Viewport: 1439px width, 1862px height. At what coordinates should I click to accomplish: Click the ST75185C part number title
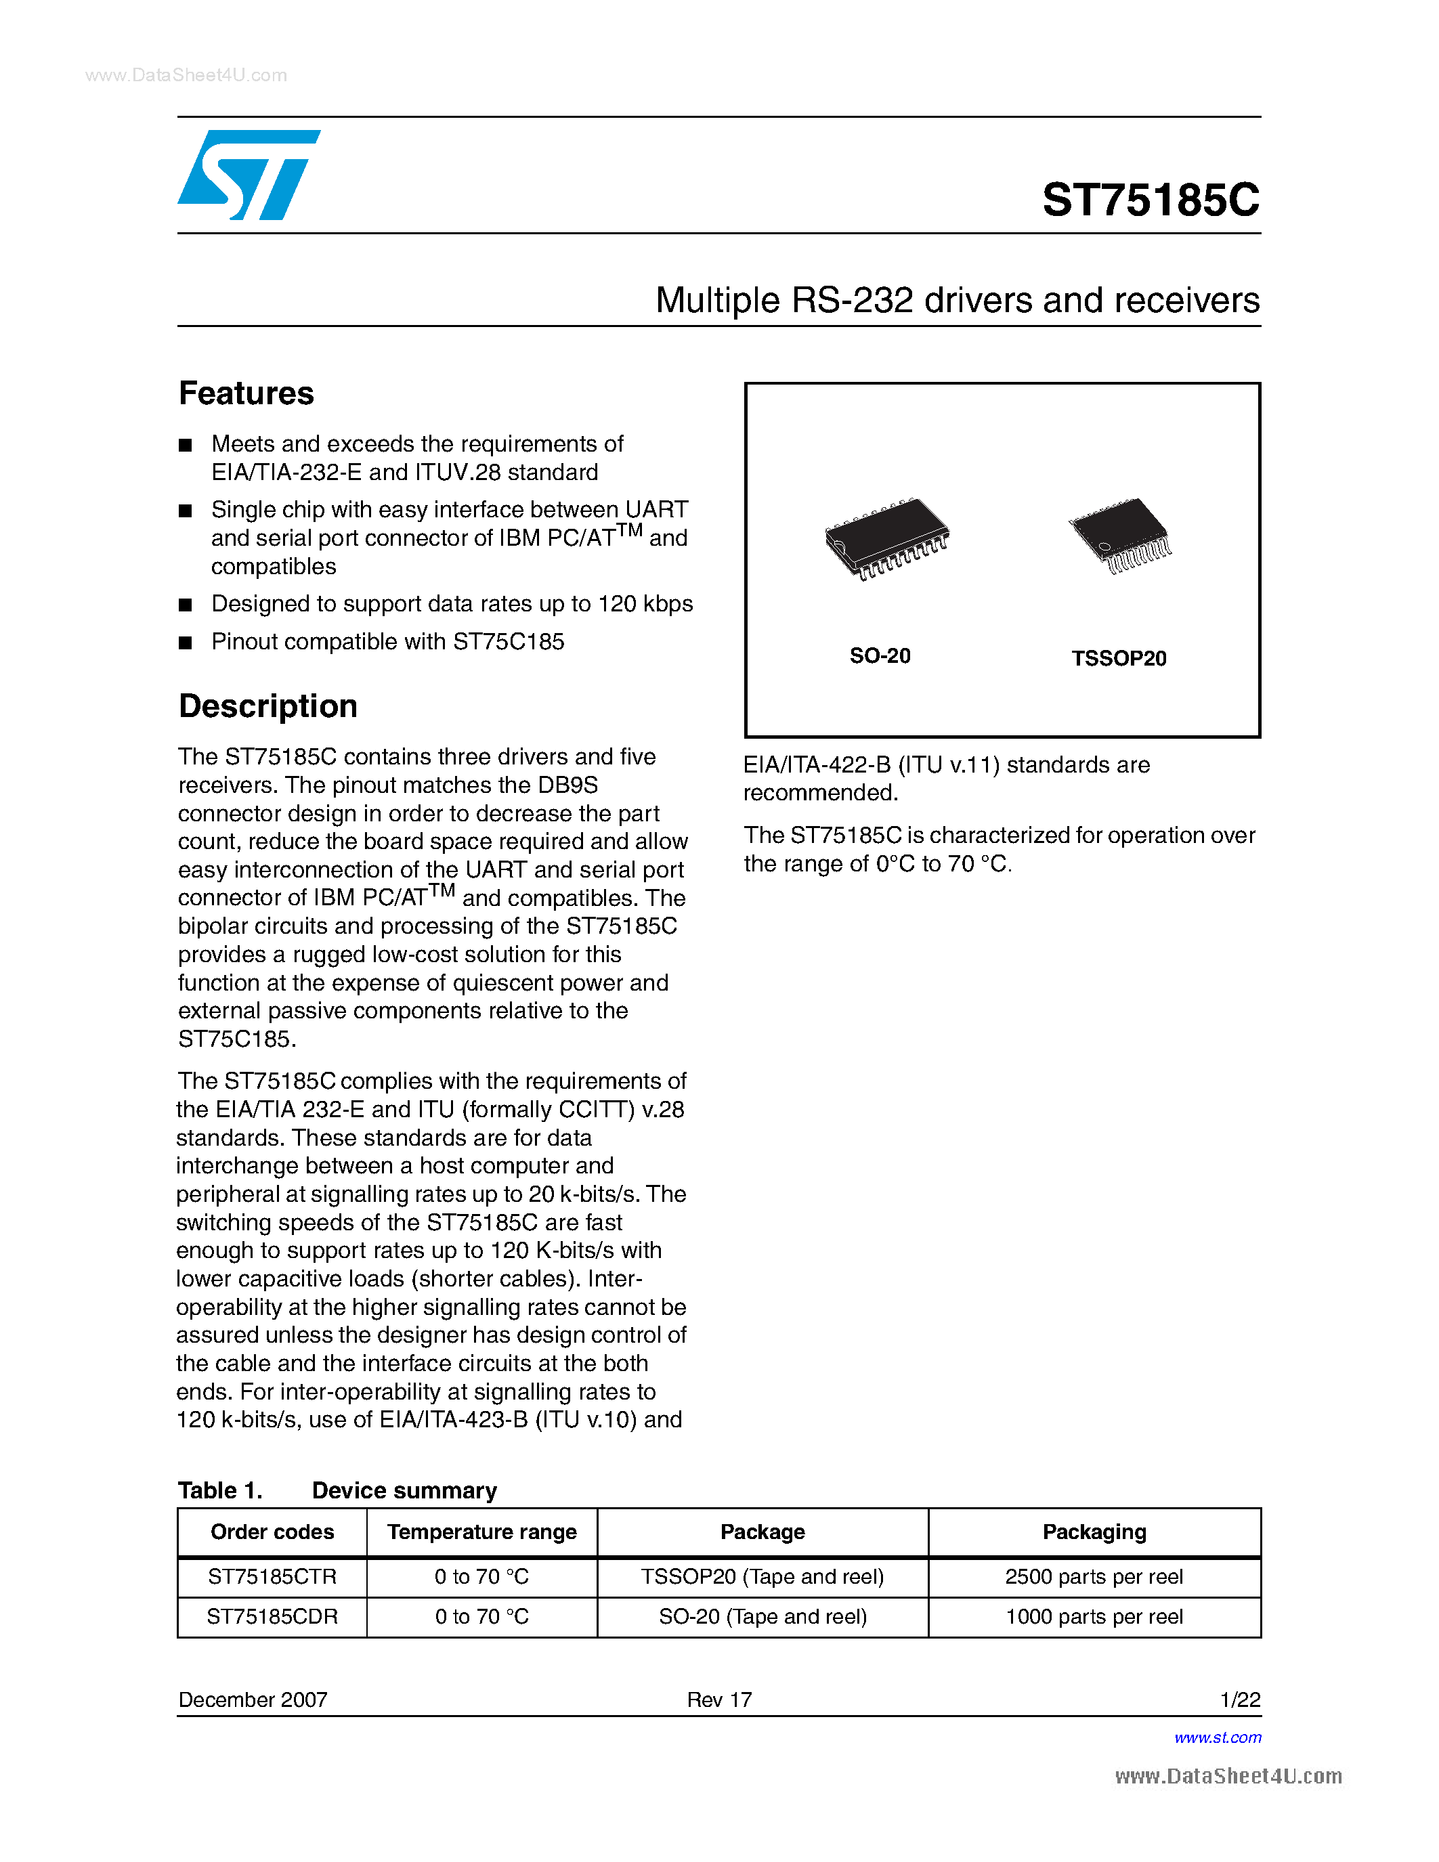click(1150, 200)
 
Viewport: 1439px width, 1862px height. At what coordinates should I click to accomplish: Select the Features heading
click(246, 393)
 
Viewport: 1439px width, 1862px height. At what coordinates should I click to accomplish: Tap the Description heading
click(267, 706)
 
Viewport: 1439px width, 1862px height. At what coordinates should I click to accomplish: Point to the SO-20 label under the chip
click(880, 655)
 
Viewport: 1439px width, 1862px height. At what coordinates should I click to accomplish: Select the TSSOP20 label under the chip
click(1119, 658)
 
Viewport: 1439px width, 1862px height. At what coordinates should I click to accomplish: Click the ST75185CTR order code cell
click(272, 1576)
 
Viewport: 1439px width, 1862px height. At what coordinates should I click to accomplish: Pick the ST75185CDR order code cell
click(272, 1616)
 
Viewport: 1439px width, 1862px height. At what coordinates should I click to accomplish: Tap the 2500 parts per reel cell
click(1094, 1576)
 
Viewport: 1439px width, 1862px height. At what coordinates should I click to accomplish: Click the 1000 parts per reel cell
click(1094, 1616)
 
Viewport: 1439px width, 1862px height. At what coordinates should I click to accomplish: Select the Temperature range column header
click(481, 1532)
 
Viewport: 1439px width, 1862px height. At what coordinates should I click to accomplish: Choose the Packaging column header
click(1094, 1532)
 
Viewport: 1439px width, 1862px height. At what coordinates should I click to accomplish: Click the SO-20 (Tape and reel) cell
click(762, 1616)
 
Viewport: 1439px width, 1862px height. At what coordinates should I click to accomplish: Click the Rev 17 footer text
click(719, 1699)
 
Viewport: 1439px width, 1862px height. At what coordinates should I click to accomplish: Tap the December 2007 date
click(253, 1699)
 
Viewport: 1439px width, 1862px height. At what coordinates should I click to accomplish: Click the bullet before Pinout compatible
click(185, 643)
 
